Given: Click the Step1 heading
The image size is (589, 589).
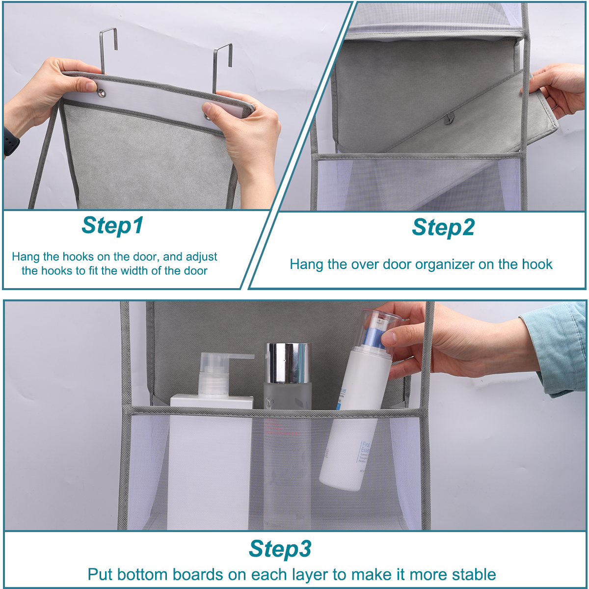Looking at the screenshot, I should [112, 225].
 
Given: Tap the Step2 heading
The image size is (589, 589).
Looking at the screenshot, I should [443, 227].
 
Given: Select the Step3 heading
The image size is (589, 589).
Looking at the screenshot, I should [280, 548].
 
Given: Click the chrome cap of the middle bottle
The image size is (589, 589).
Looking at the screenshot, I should [288, 363].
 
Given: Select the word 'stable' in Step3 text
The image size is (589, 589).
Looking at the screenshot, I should [474, 574].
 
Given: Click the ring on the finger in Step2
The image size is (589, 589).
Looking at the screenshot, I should [554, 107].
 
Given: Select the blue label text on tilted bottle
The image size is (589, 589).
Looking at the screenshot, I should [365, 452].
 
